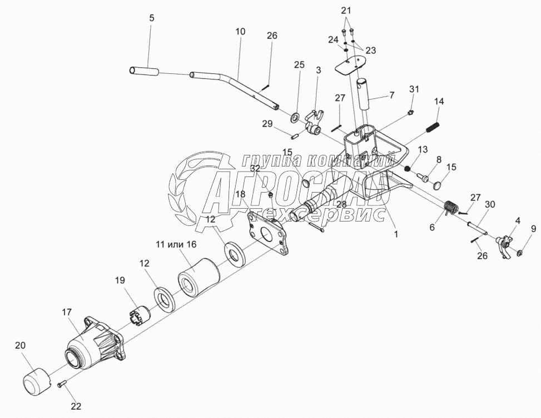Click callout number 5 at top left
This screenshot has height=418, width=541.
point(151,18)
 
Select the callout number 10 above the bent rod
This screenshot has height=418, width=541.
point(240,32)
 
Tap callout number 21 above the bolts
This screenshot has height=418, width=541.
point(346,11)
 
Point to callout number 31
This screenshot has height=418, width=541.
point(414,89)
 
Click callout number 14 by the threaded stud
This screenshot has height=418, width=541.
point(439,102)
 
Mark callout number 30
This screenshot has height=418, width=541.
point(489,205)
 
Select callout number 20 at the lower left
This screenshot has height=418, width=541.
point(20,345)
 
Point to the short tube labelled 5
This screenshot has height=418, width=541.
point(145,71)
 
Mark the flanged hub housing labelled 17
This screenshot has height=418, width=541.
point(96,344)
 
